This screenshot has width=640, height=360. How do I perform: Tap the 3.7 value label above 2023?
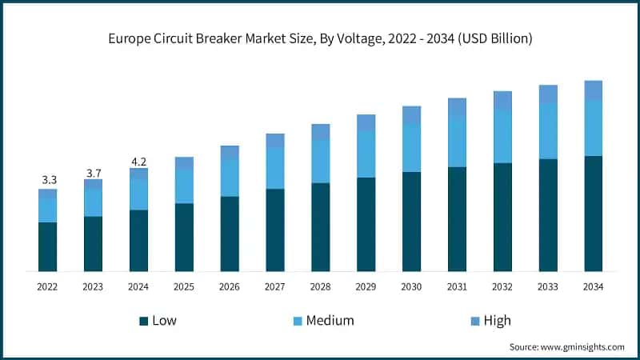click(x=94, y=172)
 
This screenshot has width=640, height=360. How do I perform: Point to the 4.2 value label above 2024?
click(x=139, y=161)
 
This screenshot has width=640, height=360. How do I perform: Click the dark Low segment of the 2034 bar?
click(x=593, y=214)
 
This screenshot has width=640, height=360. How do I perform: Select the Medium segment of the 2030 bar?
click(x=411, y=149)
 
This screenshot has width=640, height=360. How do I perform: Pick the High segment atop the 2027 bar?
click(x=275, y=140)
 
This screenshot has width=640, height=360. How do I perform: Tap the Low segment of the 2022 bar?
click(x=48, y=246)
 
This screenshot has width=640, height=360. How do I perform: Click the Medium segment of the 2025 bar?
click(x=184, y=186)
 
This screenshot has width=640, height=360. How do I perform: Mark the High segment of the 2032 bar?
click(x=502, y=100)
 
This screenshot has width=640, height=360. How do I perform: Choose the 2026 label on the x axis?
click(x=230, y=286)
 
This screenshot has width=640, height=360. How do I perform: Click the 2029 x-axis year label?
click(x=366, y=286)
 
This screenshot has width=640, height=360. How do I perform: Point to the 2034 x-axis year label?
click(x=593, y=286)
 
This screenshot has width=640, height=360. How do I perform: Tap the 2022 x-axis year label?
click(x=48, y=286)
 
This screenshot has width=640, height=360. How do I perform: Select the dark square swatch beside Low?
click(x=144, y=321)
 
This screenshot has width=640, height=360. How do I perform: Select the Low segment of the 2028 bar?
click(x=321, y=227)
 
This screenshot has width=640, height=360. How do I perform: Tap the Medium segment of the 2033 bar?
click(x=548, y=131)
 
